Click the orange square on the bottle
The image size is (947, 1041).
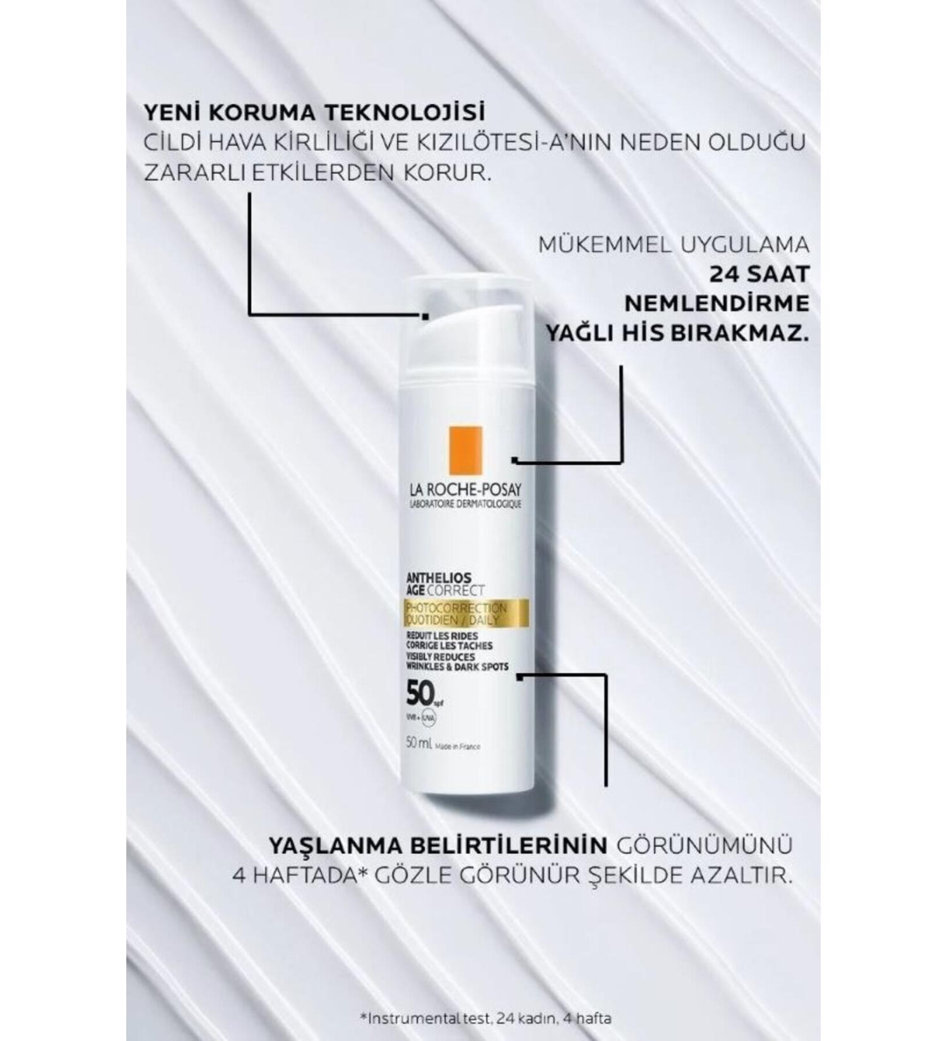pyautogui.click(x=465, y=450)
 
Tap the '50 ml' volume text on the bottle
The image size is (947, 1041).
pyautogui.click(x=420, y=744)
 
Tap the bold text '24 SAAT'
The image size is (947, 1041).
pyautogui.click(x=759, y=274)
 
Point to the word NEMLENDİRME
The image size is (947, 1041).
pyautogui.click(x=717, y=303)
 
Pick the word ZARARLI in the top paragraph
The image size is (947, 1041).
pyautogui.click(x=195, y=172)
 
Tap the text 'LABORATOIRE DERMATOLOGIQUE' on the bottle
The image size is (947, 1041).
pyautogui.click(x=466, y=504)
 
